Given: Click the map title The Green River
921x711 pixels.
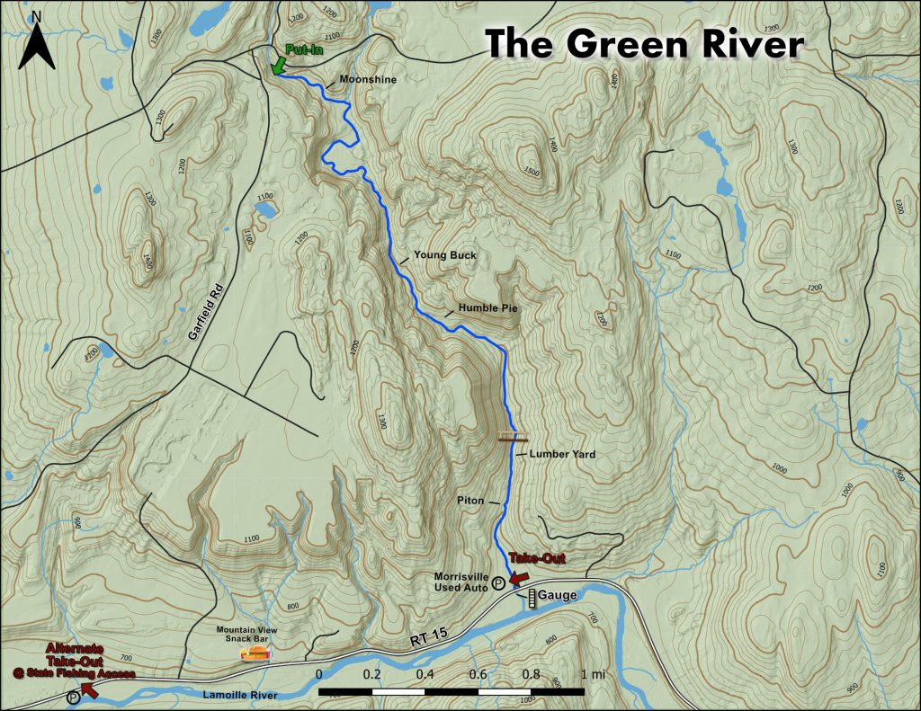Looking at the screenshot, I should (644, 42).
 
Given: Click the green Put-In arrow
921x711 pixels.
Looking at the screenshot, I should (278, 66).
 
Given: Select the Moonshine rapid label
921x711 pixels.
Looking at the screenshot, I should (367, 80).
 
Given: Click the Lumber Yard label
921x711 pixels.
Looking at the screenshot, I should (562, 454).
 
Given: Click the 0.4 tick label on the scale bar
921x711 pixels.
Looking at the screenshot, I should (425, 674).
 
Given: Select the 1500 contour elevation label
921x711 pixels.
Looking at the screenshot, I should (531, 171).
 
